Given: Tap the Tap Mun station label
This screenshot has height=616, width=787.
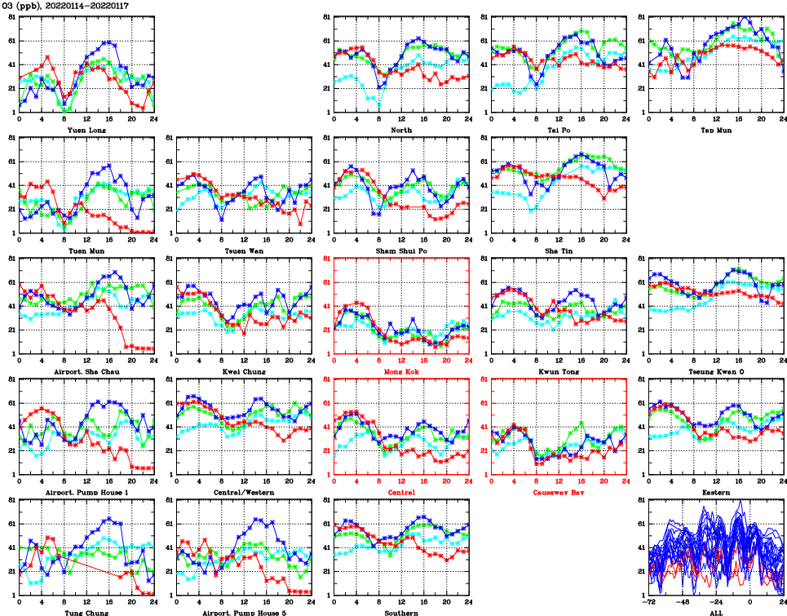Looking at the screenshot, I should click(715, 130).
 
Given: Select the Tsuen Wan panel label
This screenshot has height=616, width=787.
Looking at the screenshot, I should click(244, 250).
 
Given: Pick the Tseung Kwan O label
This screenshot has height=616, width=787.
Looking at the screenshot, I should click(715, 371).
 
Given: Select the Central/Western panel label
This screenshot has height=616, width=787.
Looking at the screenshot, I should click(244, 492).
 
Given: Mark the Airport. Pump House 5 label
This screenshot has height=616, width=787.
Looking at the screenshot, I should click(244, 613).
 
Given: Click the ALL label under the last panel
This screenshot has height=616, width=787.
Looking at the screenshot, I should click(716, 613).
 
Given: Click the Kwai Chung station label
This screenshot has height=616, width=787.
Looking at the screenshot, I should click(244, 371).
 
